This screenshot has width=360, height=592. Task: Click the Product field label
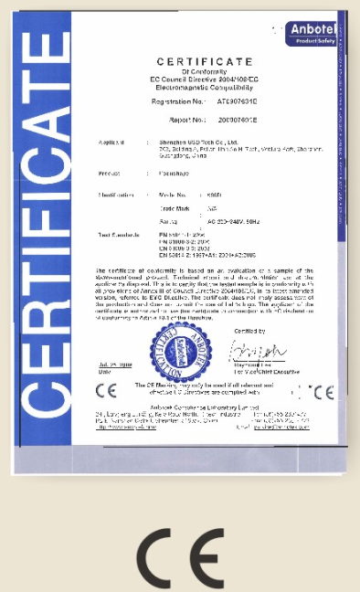pyautogui.click(x=109, y=172)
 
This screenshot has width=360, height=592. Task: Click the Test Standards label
pyautogui.click(x=117, y=235)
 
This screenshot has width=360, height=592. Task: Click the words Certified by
pyautogui.click(x=249, y=330)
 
